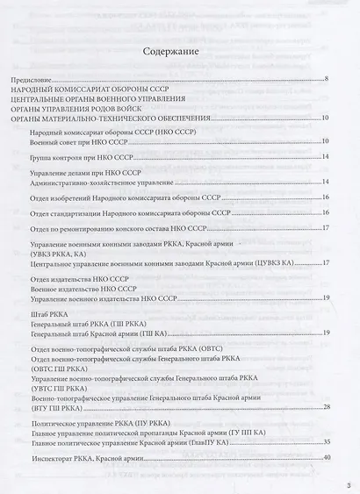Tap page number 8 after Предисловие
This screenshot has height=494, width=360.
pos(326,80)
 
